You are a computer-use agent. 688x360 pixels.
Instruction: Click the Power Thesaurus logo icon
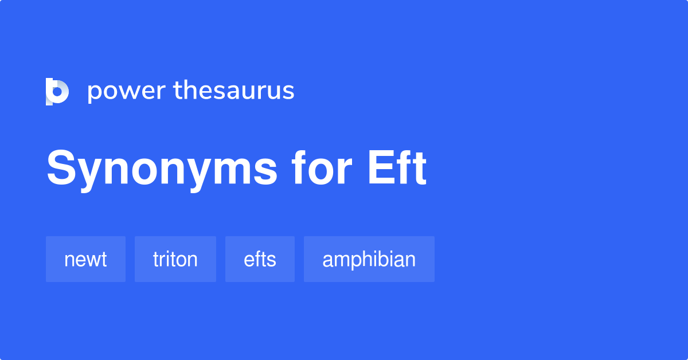(x=57, y=92)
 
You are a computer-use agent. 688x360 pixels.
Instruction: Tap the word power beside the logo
(x=126, y=92)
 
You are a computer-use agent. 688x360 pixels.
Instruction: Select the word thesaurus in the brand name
(x=234, y=91)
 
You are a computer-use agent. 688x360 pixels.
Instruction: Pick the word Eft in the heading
(x=397, y=169)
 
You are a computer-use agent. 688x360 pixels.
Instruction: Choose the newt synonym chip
(x=85, y=260)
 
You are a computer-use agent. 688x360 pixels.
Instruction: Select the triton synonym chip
(x=175, y=260)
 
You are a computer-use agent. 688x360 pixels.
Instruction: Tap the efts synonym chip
(x=260, y=260)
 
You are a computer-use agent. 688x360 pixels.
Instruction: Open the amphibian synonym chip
(x=369, y=260)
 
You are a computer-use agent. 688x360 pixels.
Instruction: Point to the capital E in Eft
(x=380, y=169)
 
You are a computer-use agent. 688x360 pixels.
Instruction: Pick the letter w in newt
(x=91, y=261)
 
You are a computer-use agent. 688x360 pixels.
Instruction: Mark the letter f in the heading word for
(x=299, y=169)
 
